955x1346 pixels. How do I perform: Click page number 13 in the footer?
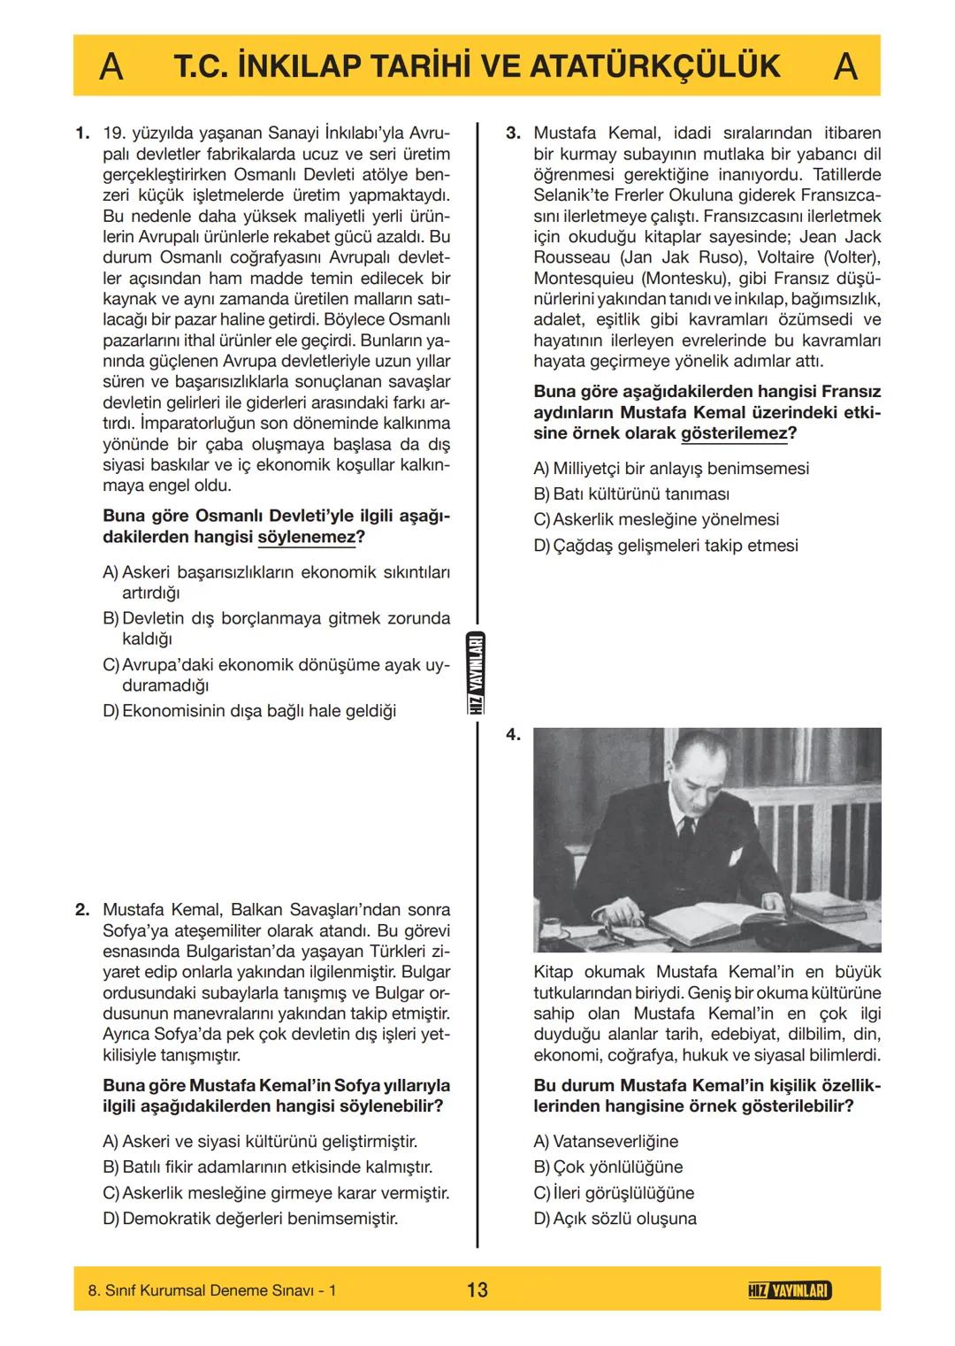(x=477, y=1289)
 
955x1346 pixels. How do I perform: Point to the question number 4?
(x=514, y=734)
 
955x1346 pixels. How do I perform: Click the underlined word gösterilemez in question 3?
(x=733, y=433)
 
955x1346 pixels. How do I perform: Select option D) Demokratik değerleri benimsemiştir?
(x=250, y=1218)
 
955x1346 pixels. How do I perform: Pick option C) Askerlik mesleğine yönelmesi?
(x=656, y=519)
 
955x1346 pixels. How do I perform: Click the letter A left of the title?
(x=111, y=66)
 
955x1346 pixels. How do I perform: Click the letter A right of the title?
(x=845, y=66)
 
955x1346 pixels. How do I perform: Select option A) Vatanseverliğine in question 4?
(x=606, y=1141)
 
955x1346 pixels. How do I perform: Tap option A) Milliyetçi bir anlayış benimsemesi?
(x=671, y=468)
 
